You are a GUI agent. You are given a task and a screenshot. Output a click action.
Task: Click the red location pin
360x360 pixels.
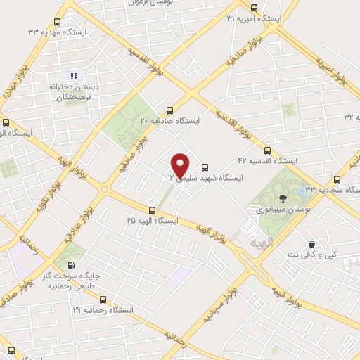[181, 165]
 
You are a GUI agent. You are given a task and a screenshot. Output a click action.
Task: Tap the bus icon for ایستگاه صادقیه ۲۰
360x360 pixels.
[169, 110]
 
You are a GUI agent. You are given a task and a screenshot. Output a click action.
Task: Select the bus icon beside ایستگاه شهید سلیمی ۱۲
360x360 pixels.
[205, 167]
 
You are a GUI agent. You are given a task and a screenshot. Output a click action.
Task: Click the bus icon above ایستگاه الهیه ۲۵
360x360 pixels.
[152, 210]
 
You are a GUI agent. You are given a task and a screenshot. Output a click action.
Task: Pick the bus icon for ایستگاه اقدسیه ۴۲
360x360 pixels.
[267, 150]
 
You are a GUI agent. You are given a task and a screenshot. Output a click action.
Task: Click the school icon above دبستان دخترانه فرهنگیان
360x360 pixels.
[74, 75]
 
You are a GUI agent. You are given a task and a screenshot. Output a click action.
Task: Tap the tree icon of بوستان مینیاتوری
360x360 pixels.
[282, 198]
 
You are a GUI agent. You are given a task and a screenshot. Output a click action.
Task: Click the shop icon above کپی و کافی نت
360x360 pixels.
[311, 244]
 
